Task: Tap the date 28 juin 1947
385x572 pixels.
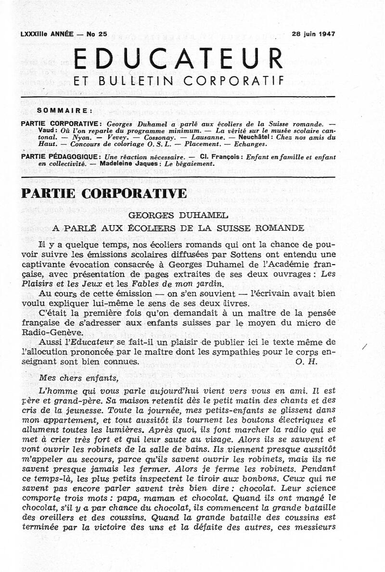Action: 313,34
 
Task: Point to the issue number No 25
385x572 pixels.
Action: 96,34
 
